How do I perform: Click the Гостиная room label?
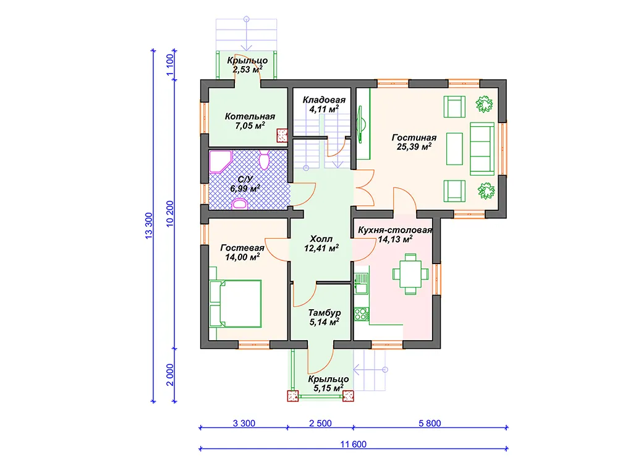pos(414,142)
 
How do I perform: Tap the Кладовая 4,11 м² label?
pos(324,104)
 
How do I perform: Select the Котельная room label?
pos(250,121)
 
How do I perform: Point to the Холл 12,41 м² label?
pos(321,244)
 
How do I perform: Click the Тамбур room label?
pos(325,317)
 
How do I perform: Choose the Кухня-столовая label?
pos(395,230)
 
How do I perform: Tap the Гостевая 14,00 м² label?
pos(242,252)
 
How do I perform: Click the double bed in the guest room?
pos(236,304)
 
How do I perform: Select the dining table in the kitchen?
pos(410,274)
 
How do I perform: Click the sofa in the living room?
pos(482,148)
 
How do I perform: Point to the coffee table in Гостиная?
pos(454,148)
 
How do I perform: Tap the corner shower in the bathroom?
pos(221,162)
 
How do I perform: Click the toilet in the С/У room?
pos(264,160)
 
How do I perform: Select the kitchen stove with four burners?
pos(361,314)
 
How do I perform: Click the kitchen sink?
pos(361,283)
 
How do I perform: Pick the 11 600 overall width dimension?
pos(353,445)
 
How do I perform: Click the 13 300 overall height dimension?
pos(149,226)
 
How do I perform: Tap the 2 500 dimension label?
pos(321,423)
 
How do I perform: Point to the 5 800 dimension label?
pos(430,423)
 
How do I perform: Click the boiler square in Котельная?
pos(282,135)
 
